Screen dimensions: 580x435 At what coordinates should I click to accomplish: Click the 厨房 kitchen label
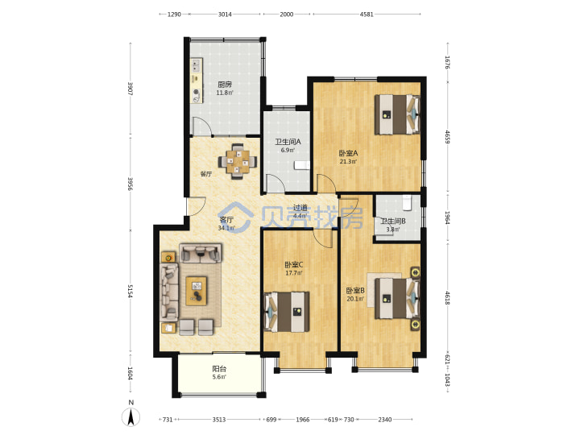click(x=225, y=85)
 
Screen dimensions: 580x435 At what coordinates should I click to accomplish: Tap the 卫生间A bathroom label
click(x=288, y=142)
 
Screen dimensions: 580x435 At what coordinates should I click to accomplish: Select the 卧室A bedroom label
click(x=348, y=153)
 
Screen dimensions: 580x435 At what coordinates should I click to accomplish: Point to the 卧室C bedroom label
click(x=294, y=265)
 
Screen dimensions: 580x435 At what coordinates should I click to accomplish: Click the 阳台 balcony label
click(x=219, y=369)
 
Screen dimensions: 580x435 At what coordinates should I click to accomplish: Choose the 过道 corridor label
click(x=300, y=208)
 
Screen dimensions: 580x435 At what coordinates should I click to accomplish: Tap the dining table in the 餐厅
click(x=238, y=162)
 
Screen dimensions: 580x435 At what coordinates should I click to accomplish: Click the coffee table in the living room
click(x=197, y=291)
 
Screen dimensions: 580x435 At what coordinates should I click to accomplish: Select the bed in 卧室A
click(x=397, y=114)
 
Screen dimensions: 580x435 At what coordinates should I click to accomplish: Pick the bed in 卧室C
click(x=287, y=312)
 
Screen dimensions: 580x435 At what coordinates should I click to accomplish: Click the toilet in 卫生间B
click(x=407, y=202)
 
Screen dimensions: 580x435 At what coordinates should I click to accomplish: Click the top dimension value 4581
click(x=367, y=14)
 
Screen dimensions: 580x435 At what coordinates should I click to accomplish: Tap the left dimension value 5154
click(x=130, y=291)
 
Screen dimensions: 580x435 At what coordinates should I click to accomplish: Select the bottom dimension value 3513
click(x=219, y=420)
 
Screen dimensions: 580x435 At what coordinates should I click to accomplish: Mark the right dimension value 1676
click(x=447, y=62)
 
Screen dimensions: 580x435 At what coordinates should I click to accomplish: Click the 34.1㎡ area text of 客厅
click(x=226, y=228)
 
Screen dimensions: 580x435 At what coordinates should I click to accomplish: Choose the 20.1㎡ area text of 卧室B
click(x=355, y=299)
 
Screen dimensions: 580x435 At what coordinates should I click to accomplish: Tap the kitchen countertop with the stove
click(x=197, y=81)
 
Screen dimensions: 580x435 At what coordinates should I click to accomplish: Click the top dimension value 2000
click(x=286, y=14)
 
